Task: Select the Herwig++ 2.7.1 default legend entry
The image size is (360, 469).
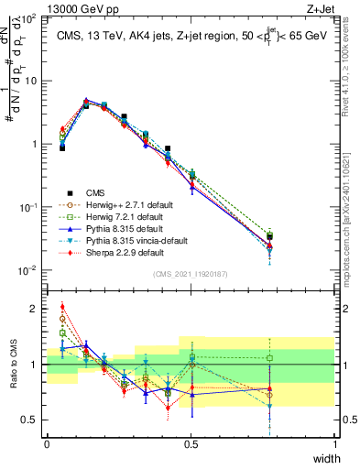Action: [x=124, y=204]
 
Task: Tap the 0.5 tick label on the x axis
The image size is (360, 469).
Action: [x=191, y=444]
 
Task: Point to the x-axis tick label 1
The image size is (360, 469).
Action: [x=335, y=444]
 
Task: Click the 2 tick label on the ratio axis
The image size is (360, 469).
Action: [x=36, y=309]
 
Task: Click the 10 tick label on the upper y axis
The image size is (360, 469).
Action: [x=31, y=81]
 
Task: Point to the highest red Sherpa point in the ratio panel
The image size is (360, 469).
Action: [x=62, y=307]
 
